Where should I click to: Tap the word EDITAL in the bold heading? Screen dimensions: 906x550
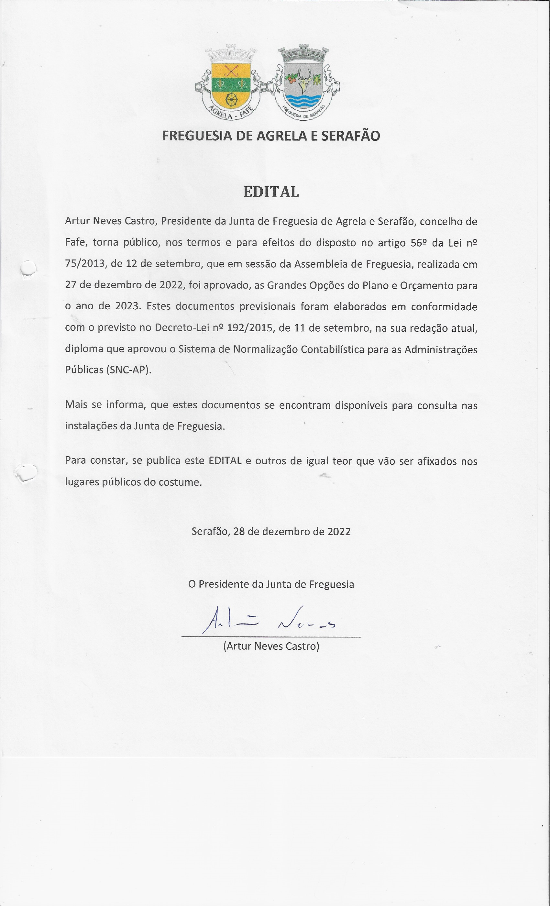(x=271, y=192)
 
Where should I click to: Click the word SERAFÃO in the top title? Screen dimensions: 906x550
(x=350, y=136)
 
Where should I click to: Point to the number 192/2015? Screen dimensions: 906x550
(x=250, y=327)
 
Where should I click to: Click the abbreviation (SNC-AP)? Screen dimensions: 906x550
(x=129, y=370)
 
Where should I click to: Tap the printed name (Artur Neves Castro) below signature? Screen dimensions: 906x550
(x=271, y=646)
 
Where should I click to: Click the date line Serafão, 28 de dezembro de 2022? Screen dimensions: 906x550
(x=271, y=531)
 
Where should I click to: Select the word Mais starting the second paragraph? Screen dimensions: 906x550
(x=76, y=404)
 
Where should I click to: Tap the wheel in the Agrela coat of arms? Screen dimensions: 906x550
(x=231, y=99)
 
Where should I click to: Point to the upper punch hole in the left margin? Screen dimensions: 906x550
(x=27, y=268)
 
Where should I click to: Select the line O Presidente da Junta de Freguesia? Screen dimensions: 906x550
(x=271, y=584)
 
